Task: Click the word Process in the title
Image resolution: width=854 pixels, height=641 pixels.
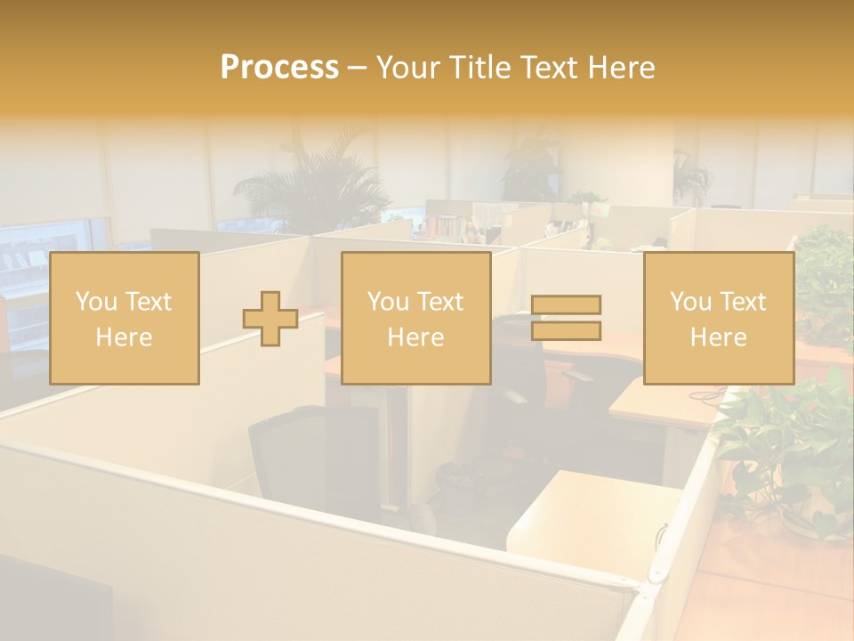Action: click(279, 68)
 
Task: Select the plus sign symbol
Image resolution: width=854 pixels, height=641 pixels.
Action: click(270, 319)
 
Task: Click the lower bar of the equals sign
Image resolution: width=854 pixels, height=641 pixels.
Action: click(566, 331)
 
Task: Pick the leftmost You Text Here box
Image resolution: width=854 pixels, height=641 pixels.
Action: click(124, 318)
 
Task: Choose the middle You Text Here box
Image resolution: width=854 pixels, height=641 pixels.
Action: click(415, 318)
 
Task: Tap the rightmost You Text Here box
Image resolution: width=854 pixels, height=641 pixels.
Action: click(718, 318)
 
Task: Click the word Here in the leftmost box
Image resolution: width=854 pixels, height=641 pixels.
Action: click(124, 337)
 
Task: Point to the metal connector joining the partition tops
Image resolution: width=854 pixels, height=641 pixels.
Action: click(648, 588)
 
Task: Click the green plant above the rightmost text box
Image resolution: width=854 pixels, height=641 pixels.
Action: click(823, 267)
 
